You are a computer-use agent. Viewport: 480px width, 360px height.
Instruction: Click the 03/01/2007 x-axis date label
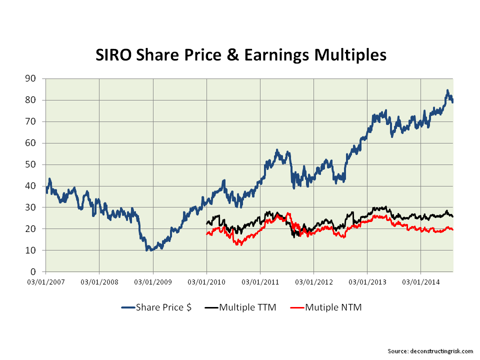(45, 282)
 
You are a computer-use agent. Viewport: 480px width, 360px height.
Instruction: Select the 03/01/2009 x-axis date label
(153, 282)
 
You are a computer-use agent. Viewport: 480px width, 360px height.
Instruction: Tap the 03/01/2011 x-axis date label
(260, 282)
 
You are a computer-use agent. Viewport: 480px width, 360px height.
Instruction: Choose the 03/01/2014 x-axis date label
(420, 282)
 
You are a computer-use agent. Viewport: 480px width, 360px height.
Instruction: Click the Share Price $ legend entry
(163, 307)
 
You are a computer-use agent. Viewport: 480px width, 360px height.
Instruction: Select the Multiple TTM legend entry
(247, 307)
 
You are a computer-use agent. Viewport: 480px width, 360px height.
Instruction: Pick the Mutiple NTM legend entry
(333, 307)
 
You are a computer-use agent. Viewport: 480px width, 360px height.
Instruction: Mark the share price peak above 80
(447, 90)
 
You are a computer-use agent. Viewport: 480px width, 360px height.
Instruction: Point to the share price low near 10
(147, 249)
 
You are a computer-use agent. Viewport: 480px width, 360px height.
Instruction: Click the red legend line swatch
(296, 307)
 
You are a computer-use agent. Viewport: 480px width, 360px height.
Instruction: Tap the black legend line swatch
(211, 307)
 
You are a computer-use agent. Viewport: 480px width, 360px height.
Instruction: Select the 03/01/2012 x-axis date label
(313, 282)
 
